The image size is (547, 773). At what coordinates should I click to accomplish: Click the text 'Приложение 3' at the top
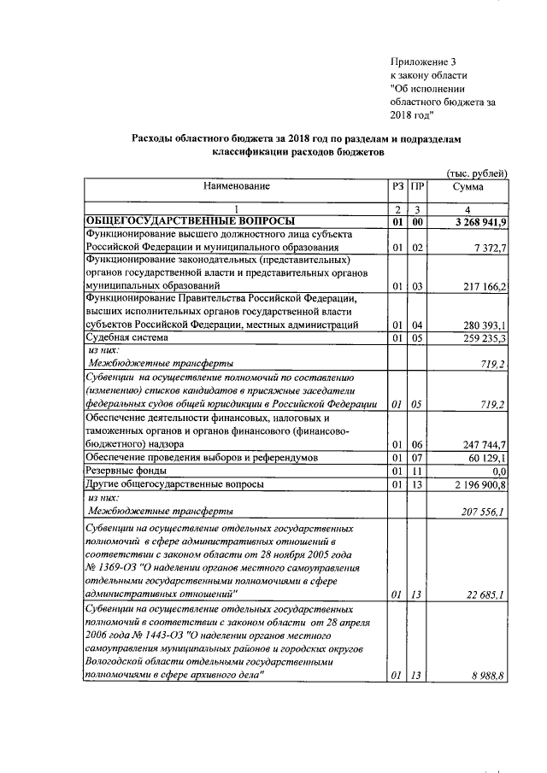pyautogui.click(x=424, y=61)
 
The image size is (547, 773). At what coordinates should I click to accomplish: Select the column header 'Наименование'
pyautogui.click(x=236, y=185)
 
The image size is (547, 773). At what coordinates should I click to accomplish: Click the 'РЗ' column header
pyautogui.click(x=397, y=185)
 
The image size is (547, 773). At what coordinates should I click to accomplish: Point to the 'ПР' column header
pyautogui.click(x=417, y=185)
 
